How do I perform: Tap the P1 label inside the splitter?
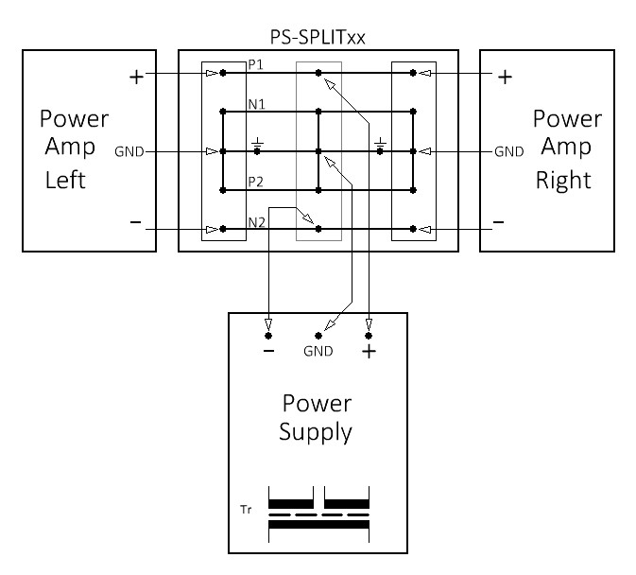(255, 65)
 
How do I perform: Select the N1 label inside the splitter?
(256, 103)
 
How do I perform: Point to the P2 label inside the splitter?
(255, 182)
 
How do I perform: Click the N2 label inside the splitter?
(256, 222)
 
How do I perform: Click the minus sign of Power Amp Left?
(136, 222)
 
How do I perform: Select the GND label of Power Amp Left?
(129, 151)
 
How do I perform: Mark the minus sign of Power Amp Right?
(499, 222)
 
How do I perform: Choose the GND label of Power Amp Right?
(509, 151)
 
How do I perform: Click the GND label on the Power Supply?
(318, 352)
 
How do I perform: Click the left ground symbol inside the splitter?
(257, 146)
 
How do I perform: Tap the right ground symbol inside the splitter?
(380, 146)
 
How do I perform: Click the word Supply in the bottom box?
(318, 434)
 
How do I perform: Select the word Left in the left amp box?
(66, 180)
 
